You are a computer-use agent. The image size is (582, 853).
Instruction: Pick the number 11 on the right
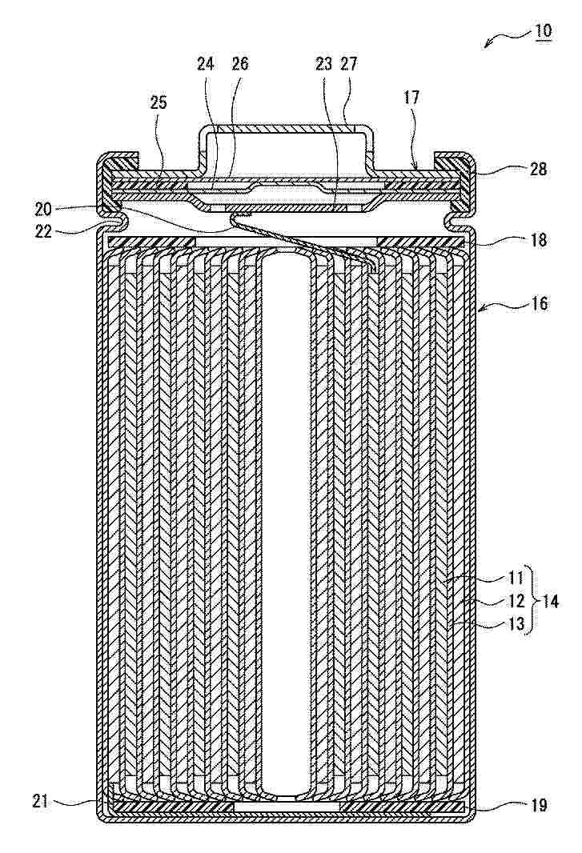tap(516, 576)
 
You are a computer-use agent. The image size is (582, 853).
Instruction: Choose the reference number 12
tap(516, 599)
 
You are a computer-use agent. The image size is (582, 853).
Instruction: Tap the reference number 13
tap(516, 623)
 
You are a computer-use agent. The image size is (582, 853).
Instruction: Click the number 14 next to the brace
tap(550, 599)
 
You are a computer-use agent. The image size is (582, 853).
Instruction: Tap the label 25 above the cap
tap(159, 103)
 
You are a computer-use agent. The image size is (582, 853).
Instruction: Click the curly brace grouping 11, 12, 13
tap(530, 599)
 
